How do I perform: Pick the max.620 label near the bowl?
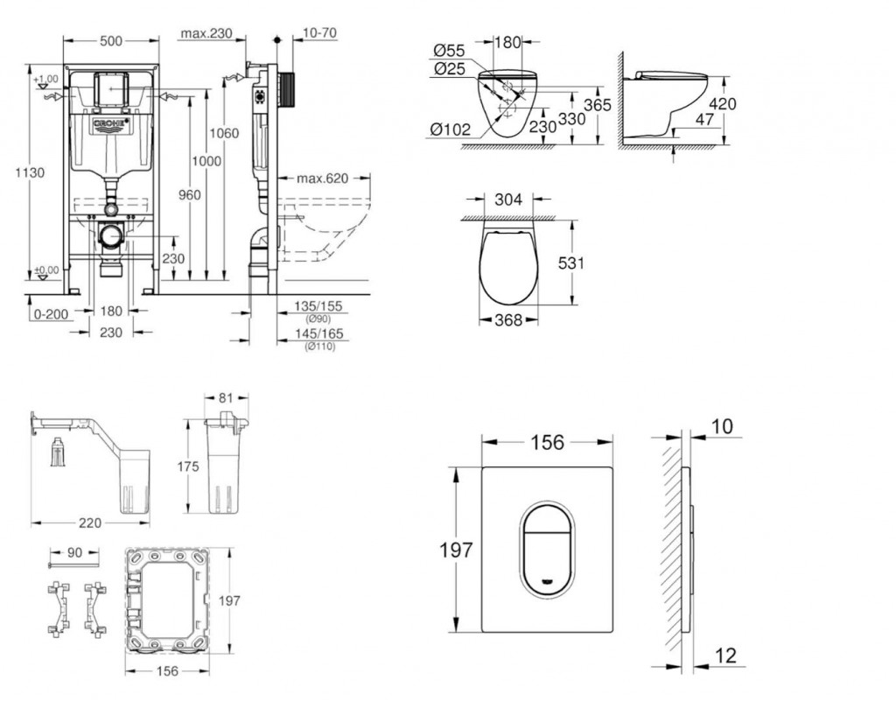321,179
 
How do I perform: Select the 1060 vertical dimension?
224,133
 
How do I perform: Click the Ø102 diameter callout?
450,130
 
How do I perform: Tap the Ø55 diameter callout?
449,50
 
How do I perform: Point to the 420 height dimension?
722,104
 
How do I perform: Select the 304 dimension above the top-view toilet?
508,200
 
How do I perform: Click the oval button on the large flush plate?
543,543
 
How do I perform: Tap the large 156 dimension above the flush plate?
548,443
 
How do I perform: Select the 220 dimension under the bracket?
90,522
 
